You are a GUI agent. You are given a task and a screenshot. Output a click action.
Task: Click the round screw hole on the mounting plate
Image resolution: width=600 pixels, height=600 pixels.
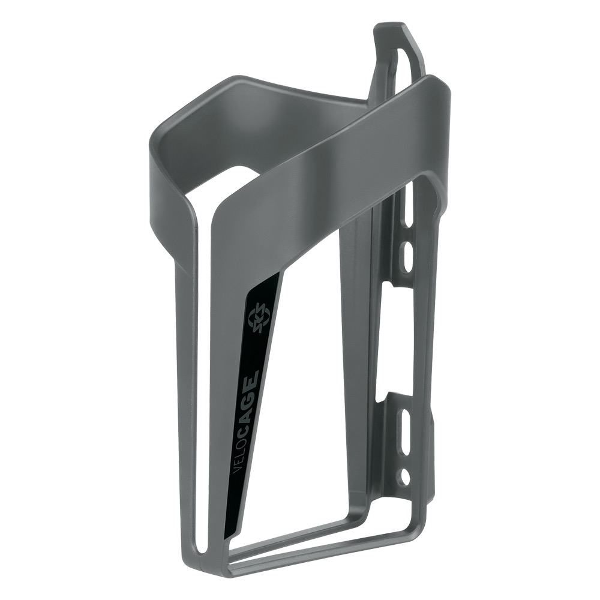(x=405, y=477)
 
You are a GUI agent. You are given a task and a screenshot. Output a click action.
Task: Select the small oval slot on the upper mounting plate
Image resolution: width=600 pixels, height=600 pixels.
(x=408, y=256)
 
